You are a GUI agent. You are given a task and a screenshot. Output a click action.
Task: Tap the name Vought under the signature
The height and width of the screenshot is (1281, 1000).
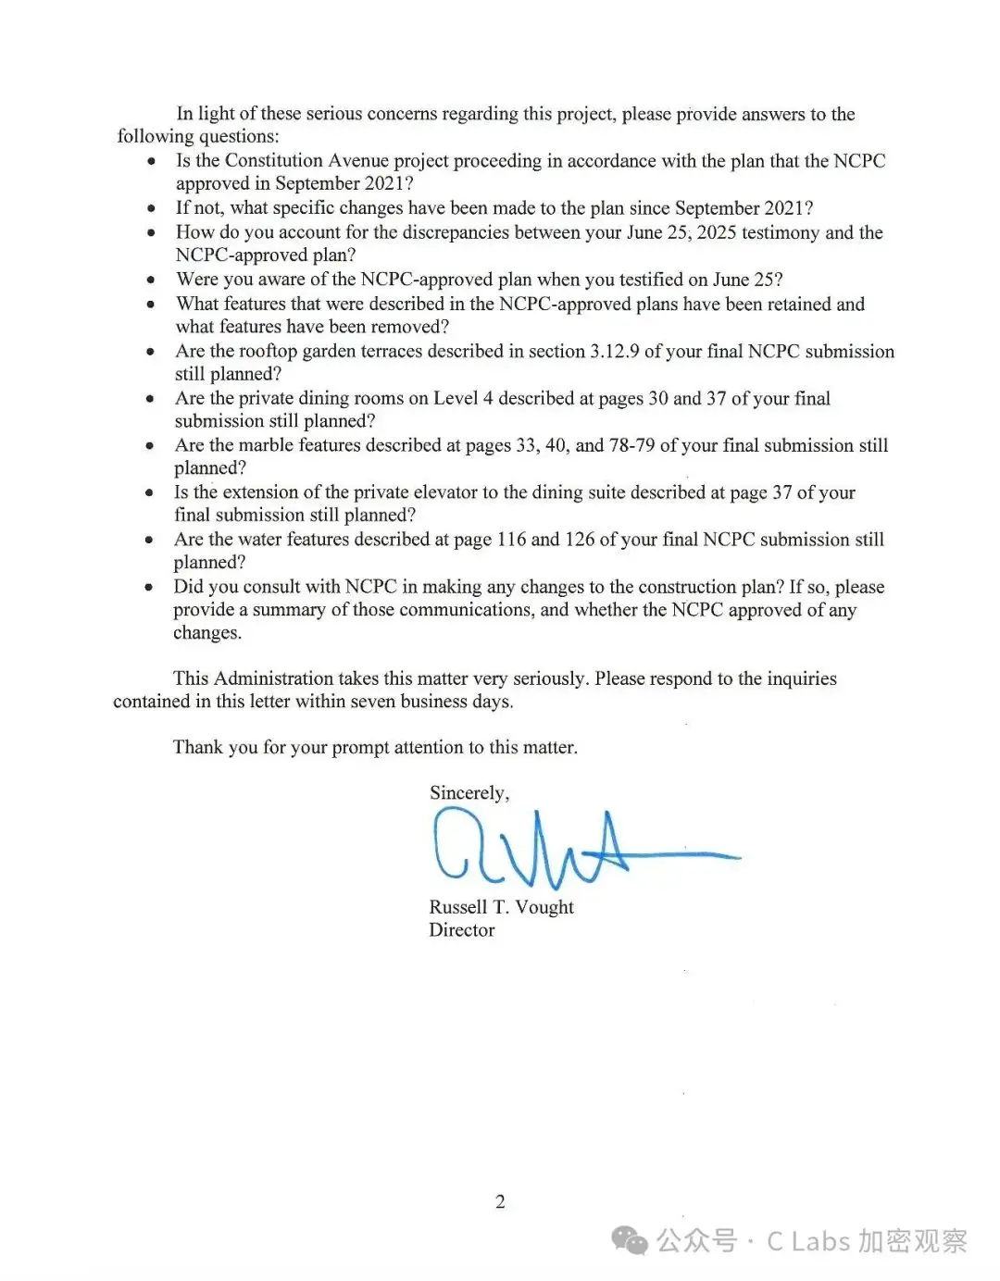(x=544, y=907)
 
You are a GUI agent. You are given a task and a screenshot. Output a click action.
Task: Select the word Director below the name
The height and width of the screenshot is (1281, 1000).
(x=461, y=930)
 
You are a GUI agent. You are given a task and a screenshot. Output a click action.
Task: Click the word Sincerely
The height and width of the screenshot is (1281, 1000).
(x=468, y=793)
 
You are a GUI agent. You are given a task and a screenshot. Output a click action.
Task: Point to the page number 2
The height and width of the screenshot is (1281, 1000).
(x=500, y=1201)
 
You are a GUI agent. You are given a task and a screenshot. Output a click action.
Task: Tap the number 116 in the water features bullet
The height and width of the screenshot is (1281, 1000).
(x=511, y=540)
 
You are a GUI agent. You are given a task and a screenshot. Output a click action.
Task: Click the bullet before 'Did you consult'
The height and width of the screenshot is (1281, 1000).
(x=149, y=587)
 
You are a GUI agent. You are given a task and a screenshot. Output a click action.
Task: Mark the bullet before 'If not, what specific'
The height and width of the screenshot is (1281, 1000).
(x=151, y=208)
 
